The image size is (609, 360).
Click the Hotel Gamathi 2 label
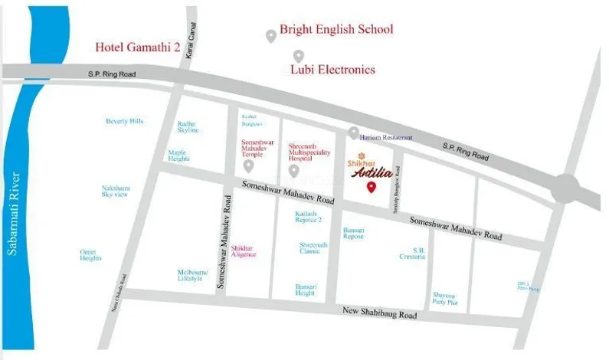coord(137,47)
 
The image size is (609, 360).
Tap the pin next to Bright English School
coord(270,35)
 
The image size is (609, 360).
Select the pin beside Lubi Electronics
coord(299,56)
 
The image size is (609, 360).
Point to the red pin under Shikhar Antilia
coord(372,188)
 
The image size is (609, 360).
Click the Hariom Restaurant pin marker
coord(353,133)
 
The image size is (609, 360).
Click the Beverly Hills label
coord(124,121)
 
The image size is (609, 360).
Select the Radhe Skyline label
coord(188,126)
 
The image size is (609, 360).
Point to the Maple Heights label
coord(178,155)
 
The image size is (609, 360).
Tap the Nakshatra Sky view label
coord(116,191)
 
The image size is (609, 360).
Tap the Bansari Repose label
coord(353,233)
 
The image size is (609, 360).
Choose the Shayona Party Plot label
coord(444,298)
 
